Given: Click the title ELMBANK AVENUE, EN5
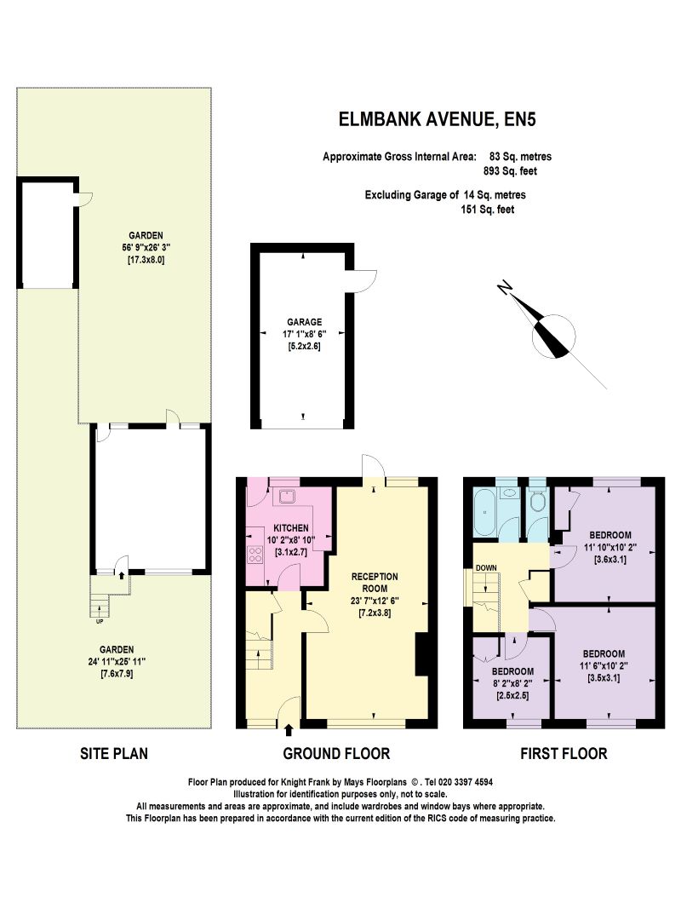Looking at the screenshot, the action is (438, 119).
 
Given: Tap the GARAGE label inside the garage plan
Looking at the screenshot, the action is (304, 322).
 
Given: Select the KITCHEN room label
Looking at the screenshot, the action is (290, 528).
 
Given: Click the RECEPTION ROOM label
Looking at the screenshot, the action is (375, 582).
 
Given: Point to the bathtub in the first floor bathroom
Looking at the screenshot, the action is (484, 511).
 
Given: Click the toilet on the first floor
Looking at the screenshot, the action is (538, 500).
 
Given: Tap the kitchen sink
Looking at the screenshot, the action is (287, 497).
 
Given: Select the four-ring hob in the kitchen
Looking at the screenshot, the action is (256, 555).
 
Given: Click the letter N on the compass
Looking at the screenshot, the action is (505, 286).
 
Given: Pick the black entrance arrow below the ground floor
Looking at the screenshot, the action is (289, 730).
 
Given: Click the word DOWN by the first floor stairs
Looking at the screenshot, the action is (486, 567).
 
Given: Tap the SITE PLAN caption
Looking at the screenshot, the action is (114, 754).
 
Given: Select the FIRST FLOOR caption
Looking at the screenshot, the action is (564, 754).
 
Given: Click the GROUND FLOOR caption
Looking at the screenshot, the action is (336, 754).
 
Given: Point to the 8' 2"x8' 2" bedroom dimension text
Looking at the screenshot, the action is (513, 683).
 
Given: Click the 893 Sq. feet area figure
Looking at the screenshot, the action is (510, 171).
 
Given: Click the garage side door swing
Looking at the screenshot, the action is (365, 281).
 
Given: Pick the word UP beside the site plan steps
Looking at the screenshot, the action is (100, 621).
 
